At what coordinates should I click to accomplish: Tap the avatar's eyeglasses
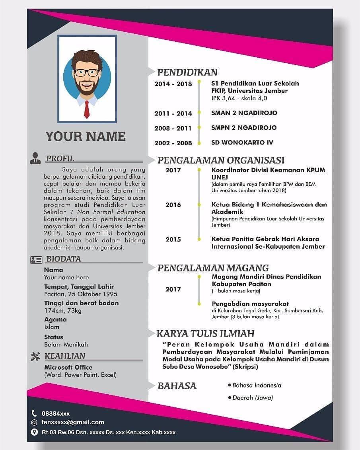point(87,73)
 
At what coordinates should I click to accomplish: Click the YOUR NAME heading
point(86,136)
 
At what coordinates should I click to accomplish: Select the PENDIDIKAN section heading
point(187,72)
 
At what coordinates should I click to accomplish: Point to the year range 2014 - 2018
point(173,84)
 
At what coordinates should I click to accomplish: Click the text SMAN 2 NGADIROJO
point(244,113)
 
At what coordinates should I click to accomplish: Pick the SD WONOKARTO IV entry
point(242,142)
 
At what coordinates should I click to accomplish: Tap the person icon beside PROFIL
point(35,158)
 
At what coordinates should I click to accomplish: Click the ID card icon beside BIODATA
point(36,260)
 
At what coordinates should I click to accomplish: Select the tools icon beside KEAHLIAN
point(35,356)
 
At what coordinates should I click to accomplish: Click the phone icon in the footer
point(34,413)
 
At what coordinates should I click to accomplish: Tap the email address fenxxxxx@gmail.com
point(73,422)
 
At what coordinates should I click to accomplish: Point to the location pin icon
point(34,432)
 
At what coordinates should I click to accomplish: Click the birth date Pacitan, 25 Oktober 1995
point(81,294)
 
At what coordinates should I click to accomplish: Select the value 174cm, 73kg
point(63,310)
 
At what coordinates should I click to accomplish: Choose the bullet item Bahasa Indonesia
point(257,385)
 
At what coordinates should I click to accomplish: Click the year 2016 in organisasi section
point(173,205)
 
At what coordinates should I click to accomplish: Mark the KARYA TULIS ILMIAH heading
point(205,333)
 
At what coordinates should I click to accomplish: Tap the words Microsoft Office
point(68,367)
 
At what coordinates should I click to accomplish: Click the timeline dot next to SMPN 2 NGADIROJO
point(199,128)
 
